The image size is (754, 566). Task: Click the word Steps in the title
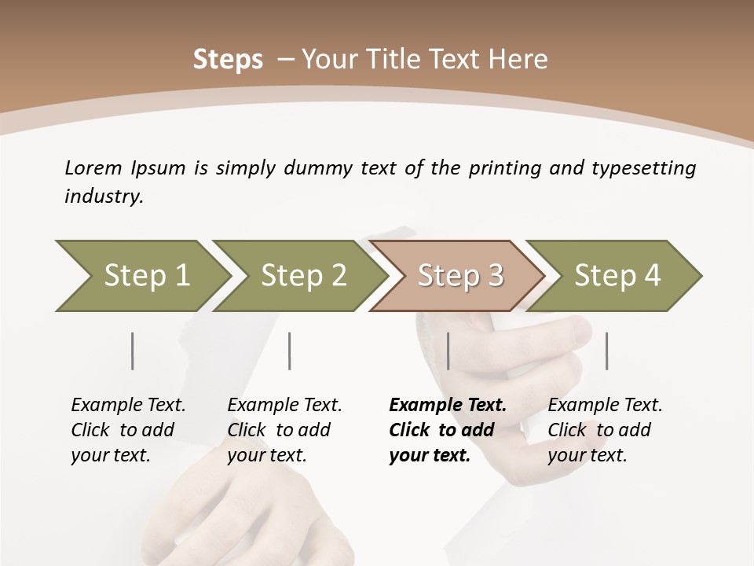click(228, 59)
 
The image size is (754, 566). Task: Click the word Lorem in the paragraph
click(93, 167)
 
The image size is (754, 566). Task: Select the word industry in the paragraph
click(104, 196)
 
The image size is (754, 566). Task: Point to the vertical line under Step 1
click(133, 351)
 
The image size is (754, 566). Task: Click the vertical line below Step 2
click(290, 351)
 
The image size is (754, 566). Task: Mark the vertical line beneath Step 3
click(448, 351)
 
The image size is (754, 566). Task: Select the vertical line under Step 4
click(607, 351)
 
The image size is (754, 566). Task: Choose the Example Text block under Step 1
click(128, 429)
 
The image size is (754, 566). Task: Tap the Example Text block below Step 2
click(284, 429)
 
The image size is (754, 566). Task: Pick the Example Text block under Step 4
click(605, 429)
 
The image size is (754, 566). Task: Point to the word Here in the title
click(522, 59)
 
